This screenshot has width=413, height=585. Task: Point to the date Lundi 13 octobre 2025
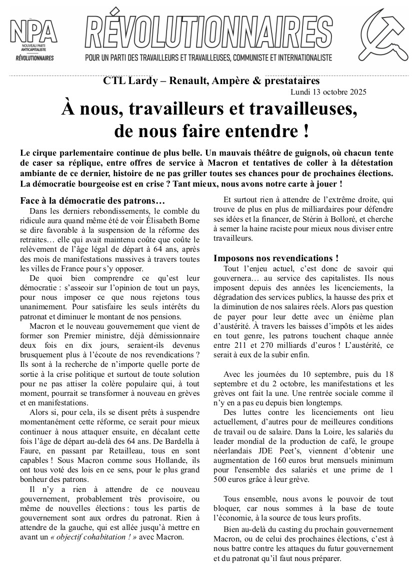pyautogui.click(x=328, y=92)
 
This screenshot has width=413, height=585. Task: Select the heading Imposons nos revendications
pyautogui.click(x=276, y=258)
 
